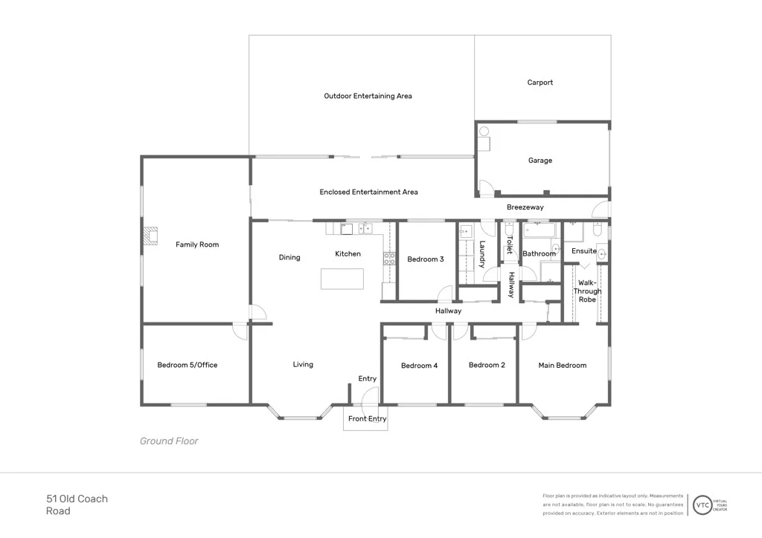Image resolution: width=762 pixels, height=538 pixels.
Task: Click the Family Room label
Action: [x=197, y=244]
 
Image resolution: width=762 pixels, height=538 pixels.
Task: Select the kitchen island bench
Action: [x=342, y=279]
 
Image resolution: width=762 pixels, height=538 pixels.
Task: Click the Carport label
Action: [x=540, y=82]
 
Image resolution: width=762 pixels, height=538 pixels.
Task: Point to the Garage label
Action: [x=540, y=161]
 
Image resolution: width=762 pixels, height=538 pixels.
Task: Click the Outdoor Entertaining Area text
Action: [x=368, y=96]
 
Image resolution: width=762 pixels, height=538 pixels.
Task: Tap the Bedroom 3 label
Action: [x=426, y=259]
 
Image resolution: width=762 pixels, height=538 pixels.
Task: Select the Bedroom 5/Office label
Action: [x=188, y=365]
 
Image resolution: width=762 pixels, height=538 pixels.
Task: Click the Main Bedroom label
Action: [x=563, y=365]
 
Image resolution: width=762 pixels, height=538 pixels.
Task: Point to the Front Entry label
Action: [x=368, y=419]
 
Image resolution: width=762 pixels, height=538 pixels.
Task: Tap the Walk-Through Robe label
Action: [x=586, y=291]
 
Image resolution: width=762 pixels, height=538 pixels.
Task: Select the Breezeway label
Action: [x=525, y=207]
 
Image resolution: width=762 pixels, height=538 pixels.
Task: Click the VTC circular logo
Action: [x=702, y=505]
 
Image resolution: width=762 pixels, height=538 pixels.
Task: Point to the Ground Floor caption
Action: [x=169, y=441]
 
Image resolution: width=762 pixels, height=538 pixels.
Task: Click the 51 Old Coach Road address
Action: [x=77, y=505]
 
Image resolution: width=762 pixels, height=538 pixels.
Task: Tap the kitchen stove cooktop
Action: [x=389, y=259]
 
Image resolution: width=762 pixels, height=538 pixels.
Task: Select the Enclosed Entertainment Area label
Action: [x=368, y=192]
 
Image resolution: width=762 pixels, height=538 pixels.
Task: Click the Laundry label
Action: [x=482, y=254]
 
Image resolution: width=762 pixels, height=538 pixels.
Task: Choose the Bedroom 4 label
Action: [x=419, y=366]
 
